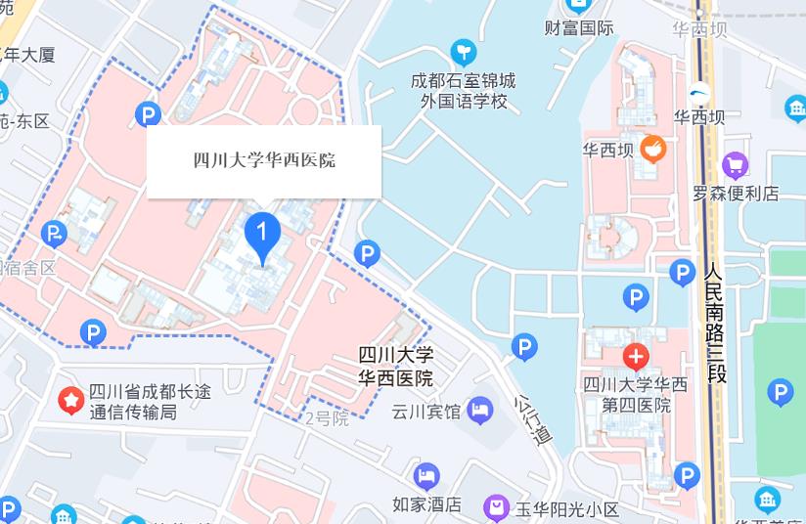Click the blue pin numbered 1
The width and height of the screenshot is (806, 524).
coord(261,236)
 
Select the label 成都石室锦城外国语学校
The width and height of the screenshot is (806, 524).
coord(464,90)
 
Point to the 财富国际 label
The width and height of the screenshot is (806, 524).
coord(580,27)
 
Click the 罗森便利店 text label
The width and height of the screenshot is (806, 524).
coord(736,193)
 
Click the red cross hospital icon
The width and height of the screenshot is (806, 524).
coord(636,355)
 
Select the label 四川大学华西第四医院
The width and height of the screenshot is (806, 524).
coord(635,394)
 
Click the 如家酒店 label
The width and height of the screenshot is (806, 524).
coord(426,504)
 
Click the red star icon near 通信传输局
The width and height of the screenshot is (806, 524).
coord(70,400)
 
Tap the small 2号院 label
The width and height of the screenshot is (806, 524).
coord(327,418)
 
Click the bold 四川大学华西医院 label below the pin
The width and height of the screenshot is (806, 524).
coord(396,366)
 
